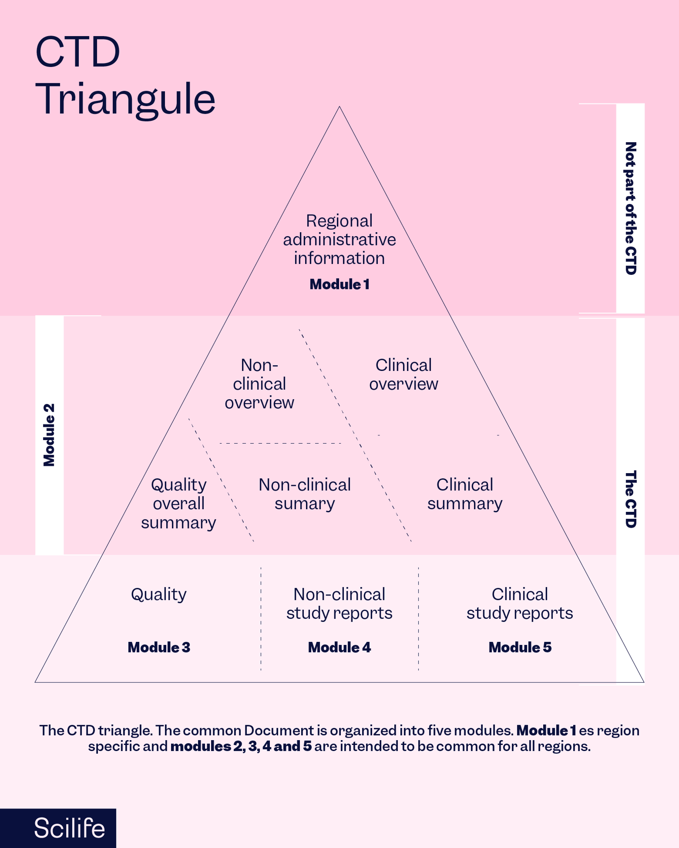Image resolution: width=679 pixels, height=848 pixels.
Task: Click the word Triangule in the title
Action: coord(125,100)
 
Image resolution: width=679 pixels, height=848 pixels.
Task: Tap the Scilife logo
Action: coord(69,828)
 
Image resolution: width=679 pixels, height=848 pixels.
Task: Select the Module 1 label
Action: coord(339,285)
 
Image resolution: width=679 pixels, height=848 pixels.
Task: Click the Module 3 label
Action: coord(159,647)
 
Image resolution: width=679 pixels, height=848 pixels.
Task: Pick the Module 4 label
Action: coord(339,647)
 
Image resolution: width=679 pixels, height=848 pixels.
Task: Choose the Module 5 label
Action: coord(520,647)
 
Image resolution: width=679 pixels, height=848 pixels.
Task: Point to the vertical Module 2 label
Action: coord(49,435)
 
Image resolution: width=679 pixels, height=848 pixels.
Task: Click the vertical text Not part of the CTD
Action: coord(630,208)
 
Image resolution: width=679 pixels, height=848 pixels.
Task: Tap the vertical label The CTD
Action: coord(630,499)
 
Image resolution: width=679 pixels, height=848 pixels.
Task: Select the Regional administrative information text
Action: coord(339,239)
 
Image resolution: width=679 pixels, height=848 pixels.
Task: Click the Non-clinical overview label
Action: coord(259,384)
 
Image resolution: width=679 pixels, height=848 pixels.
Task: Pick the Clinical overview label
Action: coord(403,374)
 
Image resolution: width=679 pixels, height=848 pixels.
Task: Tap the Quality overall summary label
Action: coord(179,504)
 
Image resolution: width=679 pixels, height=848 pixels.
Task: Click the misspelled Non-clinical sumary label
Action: coord(305,494)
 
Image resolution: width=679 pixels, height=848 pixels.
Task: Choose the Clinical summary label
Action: coord(465,494)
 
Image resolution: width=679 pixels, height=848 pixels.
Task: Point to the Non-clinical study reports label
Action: coord(339,604)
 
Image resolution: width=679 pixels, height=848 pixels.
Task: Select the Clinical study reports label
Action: coord(520,604)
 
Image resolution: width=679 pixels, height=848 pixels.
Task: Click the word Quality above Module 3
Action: coord(159,595)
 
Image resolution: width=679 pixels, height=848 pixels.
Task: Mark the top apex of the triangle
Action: coord(339,107)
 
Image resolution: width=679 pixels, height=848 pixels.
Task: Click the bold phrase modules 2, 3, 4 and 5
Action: coord(241,746)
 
